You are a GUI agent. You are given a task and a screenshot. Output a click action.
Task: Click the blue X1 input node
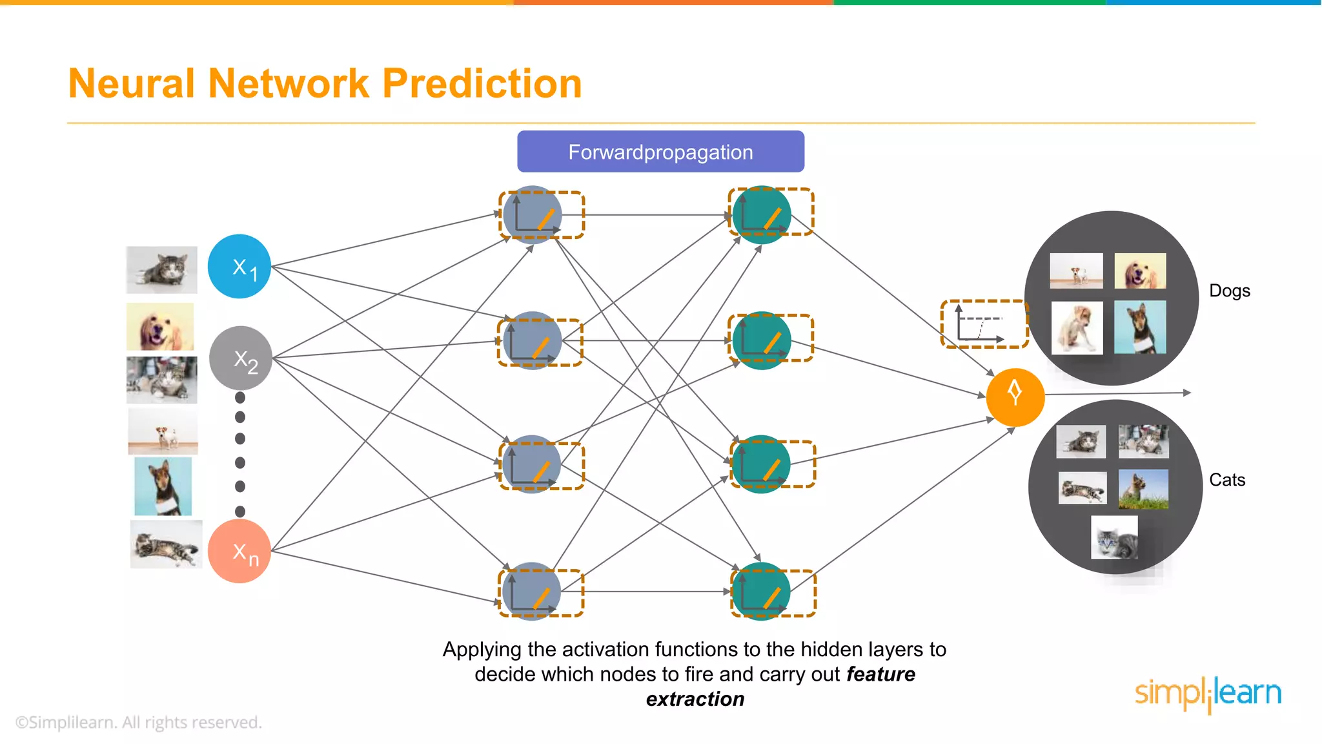239,266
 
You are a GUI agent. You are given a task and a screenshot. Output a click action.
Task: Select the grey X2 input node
241,358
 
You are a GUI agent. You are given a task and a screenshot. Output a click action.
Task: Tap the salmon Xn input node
239,551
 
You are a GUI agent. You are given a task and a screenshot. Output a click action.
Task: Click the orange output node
1015,397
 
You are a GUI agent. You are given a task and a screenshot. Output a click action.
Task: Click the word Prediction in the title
482,84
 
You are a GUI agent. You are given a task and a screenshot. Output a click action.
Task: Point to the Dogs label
1229,291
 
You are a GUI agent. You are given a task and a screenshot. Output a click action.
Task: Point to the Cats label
1226,480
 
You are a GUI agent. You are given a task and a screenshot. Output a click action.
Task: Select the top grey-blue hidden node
532,214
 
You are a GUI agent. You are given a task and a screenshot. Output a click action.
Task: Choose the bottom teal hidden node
762,591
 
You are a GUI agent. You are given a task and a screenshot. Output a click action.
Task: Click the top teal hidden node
762,214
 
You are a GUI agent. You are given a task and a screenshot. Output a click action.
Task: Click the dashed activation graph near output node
984,324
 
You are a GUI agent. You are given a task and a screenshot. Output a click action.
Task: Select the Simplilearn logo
1208,694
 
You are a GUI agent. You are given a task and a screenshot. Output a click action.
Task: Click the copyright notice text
139,722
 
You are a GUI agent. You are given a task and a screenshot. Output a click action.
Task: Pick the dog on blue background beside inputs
163,486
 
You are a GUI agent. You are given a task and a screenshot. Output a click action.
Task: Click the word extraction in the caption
695,699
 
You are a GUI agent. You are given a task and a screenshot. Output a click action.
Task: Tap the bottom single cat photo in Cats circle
1114,537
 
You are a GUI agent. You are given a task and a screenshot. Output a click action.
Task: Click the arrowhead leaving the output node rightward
1186,392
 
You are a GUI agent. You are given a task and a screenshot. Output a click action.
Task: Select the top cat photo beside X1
161,269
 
